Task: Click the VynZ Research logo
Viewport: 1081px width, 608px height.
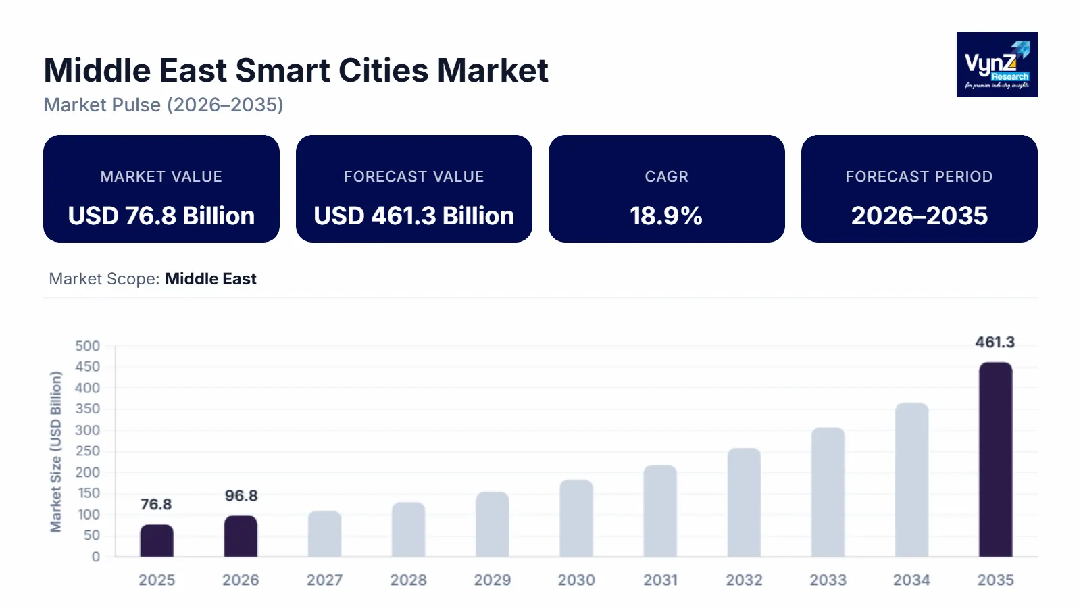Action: (x=997, y=65)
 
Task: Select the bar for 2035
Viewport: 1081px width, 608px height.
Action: (x=995, y=459)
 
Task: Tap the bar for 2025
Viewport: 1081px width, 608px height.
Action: (x=157, y=540)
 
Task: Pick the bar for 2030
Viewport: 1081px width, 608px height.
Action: (x=576, y=518)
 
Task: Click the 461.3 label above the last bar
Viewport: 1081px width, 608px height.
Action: (x=995, y=343)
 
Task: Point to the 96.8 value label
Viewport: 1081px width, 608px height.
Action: (x=241, y=496)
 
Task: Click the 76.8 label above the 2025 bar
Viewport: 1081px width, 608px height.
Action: (x=156, y=505)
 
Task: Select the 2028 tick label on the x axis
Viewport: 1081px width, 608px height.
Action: (x=408, y=580)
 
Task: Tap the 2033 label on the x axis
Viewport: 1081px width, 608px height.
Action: (x=828, y=580)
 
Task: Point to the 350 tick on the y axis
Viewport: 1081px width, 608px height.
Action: (x=87, y=409)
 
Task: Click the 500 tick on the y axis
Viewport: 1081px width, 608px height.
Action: (x=87, y=346)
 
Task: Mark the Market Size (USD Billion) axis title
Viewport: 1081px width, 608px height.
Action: (x=56, y=451)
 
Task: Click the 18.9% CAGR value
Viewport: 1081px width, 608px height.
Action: (x=666, y=216)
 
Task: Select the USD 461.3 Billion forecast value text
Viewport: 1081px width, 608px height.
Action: (x=413, y=216)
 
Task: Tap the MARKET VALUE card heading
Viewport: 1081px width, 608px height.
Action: (x=161, y=176)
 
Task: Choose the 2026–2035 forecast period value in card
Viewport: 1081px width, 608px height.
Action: (x=919, y=216)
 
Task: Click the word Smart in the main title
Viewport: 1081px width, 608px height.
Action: (x=281, y=70)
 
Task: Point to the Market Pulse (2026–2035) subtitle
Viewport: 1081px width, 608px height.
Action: (x=164, y=105)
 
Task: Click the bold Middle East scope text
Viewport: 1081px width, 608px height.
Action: (x=210, y=279)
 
